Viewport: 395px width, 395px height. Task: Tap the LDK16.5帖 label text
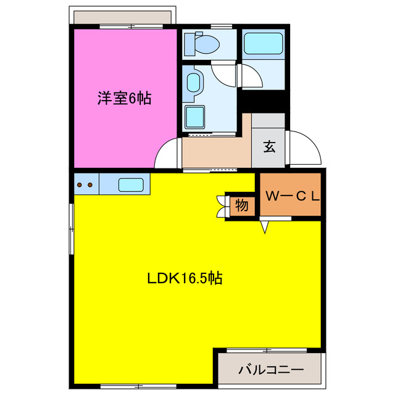185,278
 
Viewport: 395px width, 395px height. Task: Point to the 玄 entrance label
270,146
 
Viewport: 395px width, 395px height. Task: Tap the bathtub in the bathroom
263,44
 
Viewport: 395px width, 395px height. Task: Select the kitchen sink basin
130,184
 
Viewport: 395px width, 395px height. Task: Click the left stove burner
81,184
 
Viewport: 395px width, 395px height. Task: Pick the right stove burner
91,184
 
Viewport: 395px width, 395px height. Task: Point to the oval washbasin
193,82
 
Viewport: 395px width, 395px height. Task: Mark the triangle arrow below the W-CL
265,228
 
